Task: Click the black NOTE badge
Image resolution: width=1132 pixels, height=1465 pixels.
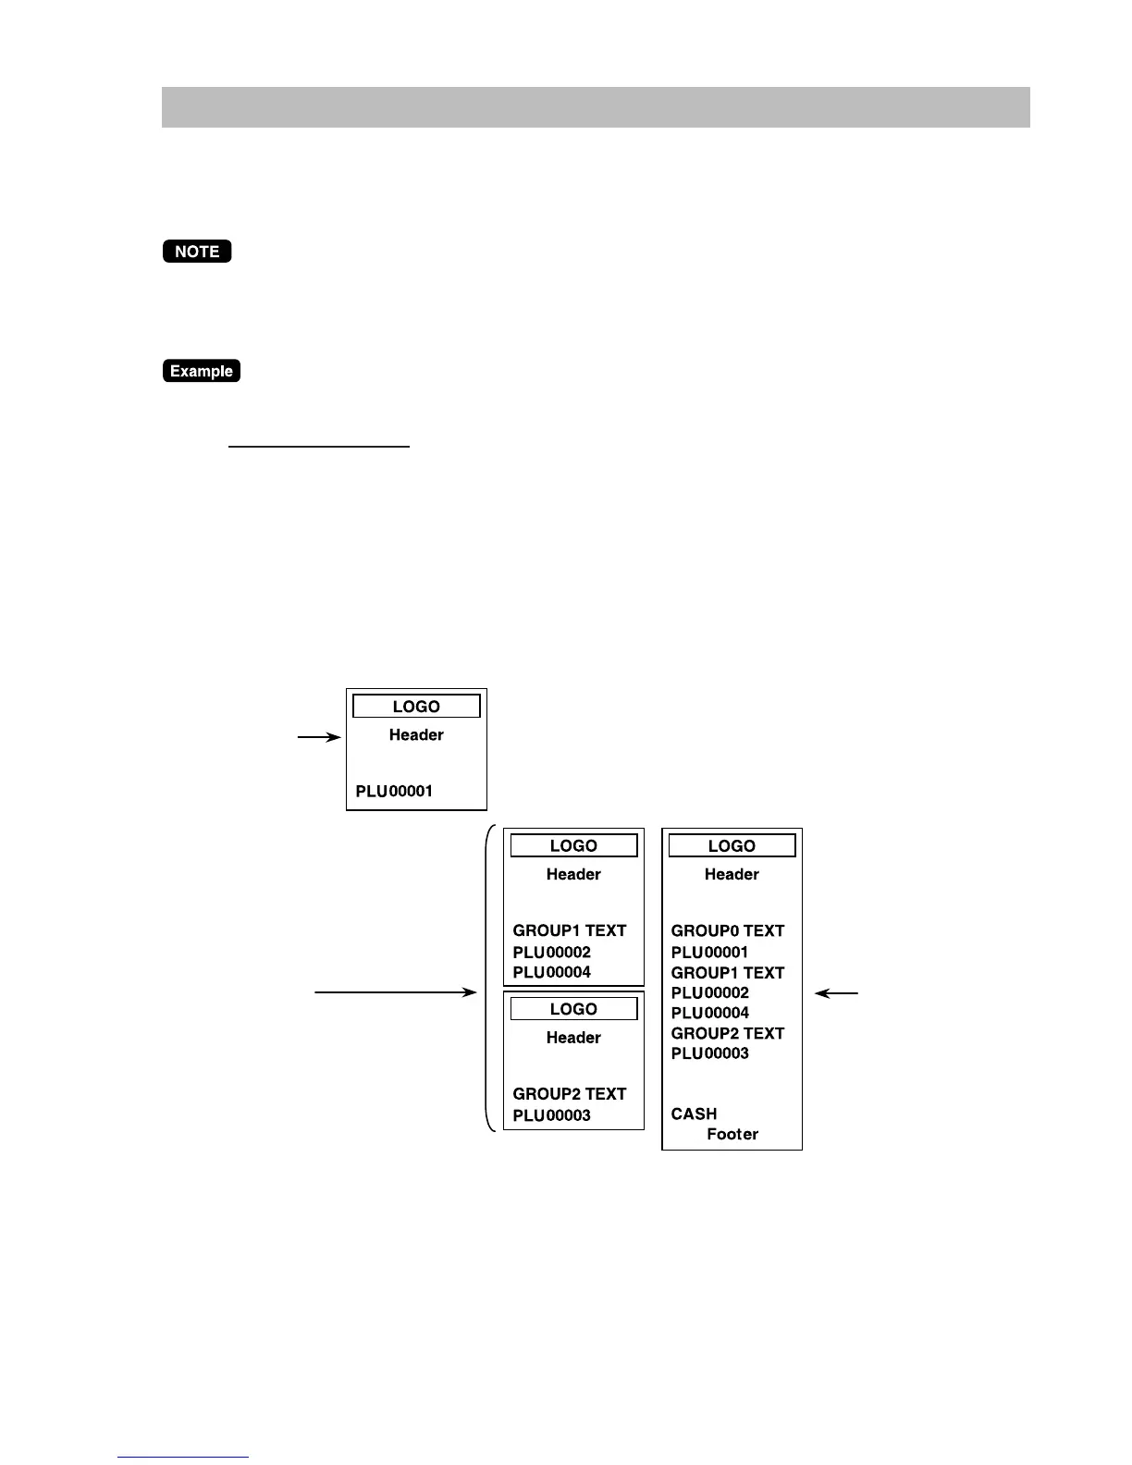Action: pyautogui.click(x=197, y=252)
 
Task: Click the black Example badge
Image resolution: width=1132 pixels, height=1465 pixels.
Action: pyautogui.click(x=202, y=371)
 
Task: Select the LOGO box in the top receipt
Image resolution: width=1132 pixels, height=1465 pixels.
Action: pyautogui.click(x=416, y=707)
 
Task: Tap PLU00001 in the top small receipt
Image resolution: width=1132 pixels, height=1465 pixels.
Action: pyautogui.click(x=394, y=792)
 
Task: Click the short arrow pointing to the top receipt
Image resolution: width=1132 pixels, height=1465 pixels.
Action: pyautogui.click(x=319, y=737)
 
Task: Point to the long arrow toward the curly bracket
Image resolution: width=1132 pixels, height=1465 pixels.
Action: pyautogui.click(x=396, y=992)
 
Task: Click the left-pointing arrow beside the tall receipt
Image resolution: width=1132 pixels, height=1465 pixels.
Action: pyautogui.click(x=836, y=993)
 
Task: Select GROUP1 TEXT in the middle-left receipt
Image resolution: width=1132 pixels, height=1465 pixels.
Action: pyautogui.click(x=570, y=930)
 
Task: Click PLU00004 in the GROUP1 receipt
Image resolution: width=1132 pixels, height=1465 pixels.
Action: pyautogui.click(x=552, y=972)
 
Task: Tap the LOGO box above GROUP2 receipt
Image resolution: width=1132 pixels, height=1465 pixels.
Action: pyautogui.click(x=573, y=1009)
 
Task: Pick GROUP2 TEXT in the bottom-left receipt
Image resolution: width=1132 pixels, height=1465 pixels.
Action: pyautogui.click(x=570, y=1094)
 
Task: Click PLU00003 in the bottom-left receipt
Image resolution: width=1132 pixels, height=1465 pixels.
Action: pyautogui.click(x=552, y=1115)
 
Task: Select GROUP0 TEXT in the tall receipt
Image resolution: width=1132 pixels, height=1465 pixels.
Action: pyautogui.click(x=728, y=930)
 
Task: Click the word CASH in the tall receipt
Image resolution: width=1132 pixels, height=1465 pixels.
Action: pyautogui.click(x=694, y=1114)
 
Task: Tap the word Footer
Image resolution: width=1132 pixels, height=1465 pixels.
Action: pyautogui.click(x=732, y=1135)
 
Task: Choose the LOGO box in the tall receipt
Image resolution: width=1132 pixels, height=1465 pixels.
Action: pyautogui.click(x=732, y=846)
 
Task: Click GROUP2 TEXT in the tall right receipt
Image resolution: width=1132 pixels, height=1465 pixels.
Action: pyautogui.click(x=728, y=1033)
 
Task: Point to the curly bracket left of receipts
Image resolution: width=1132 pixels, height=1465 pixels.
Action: pyautogui.click(x=488, y=979)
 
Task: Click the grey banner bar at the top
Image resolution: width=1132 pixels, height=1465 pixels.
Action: pyautogui.click(x=596, y=107)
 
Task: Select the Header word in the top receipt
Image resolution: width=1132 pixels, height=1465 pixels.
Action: pyautogui.click(x=416, y=735)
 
